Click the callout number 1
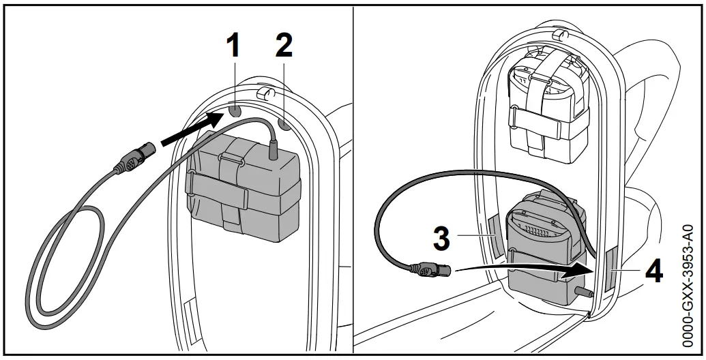click(x=233, y=46)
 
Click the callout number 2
click(x=283, y=46)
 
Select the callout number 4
click(x=653, y=273)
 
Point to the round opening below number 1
click(x=235, y=110)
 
